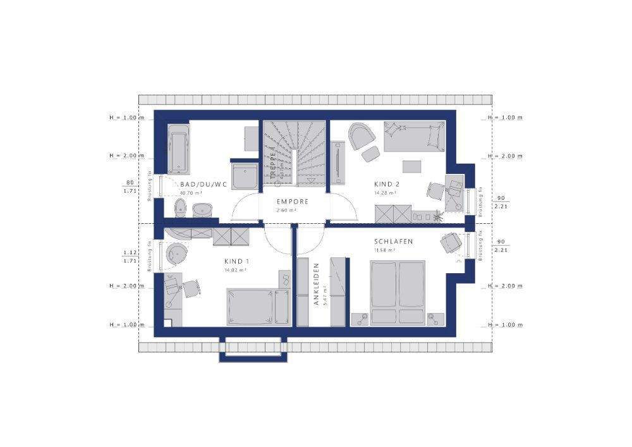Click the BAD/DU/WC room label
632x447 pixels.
click(203, 184)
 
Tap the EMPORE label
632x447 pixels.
click(292, 202)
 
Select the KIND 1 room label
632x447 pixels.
click(237, 260)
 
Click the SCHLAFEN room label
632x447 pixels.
click(393, 242)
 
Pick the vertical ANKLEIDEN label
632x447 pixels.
click(317, 285)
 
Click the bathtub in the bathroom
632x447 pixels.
click(178, 149)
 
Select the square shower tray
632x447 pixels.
click(245, 175)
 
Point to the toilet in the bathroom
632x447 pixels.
click(180, 206)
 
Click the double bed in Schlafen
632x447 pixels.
click(397, 293)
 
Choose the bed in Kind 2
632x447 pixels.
click(415, 137)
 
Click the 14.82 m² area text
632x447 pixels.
click(236, 269)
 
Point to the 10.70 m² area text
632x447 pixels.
click(190, 193)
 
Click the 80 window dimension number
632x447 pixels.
click(131, 182)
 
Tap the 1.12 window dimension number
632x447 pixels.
click(131, 252)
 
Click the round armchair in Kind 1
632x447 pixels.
click(177, 254)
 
